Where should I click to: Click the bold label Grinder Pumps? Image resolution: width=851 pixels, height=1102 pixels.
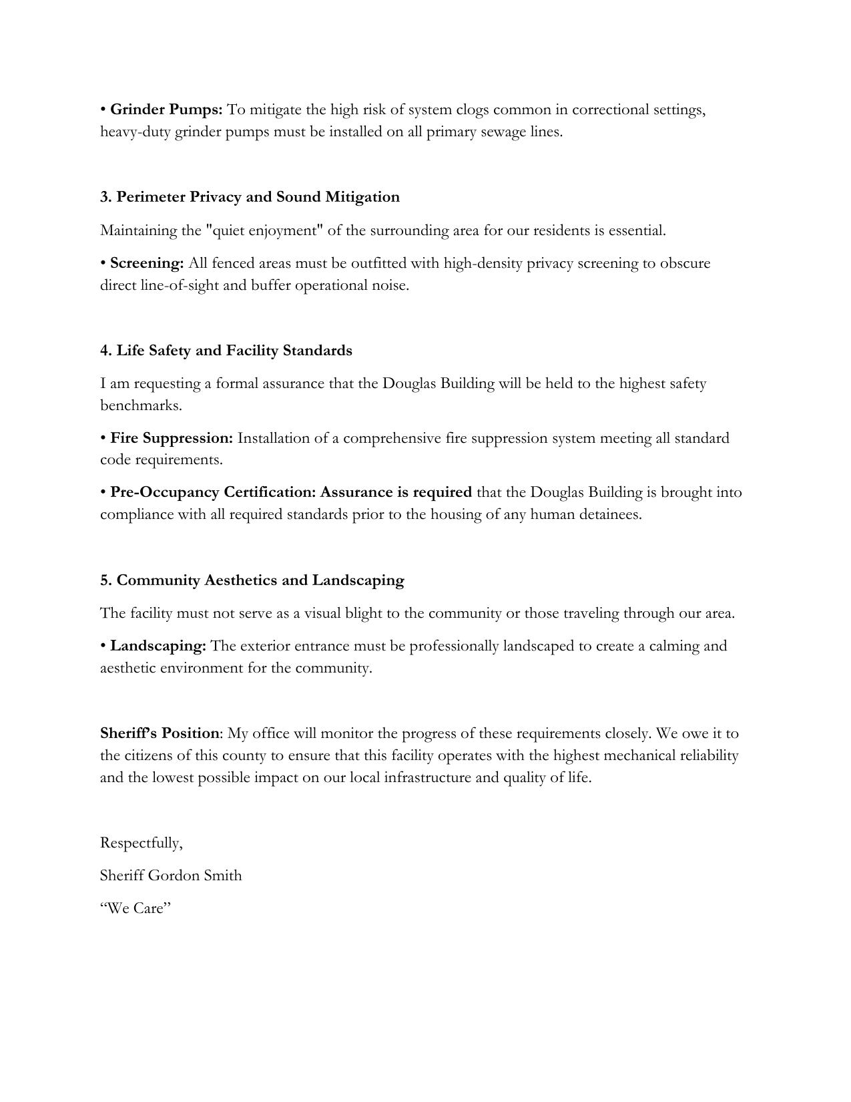pos(166,110)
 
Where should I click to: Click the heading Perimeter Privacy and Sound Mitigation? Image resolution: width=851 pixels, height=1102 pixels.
pos(250,197)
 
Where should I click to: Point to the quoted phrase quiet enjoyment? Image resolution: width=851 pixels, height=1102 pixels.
pos(265,230)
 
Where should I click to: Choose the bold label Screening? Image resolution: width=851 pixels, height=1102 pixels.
pos(147,263)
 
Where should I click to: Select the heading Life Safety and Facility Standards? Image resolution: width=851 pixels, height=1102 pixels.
pos(226,351)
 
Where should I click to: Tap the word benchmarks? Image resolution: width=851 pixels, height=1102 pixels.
pos(141,405)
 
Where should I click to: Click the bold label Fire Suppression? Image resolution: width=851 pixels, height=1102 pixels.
pos(172,438)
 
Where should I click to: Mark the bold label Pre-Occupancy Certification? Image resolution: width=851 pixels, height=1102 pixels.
pos(213,492)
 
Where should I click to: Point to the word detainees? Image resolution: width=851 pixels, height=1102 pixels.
pos(609,514)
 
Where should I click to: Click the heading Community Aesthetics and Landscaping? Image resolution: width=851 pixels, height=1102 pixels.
pos(252,580)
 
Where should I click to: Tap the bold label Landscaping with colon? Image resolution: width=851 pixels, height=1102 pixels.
pos(158,646)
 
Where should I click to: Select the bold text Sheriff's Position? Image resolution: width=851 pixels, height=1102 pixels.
pos(160,733)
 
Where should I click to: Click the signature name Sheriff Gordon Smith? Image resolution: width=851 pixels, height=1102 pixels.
pos(171,876)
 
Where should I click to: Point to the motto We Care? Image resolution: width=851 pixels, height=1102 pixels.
pos(135,908)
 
